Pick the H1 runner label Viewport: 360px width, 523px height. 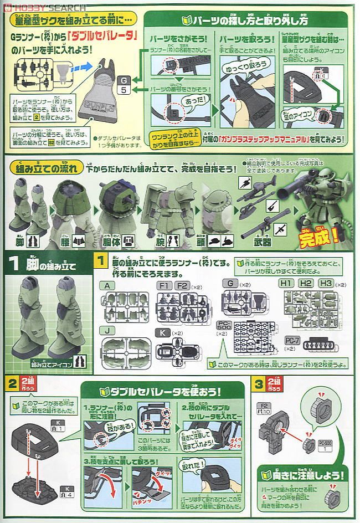point(286,283)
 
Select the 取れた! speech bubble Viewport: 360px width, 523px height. point(197,463)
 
